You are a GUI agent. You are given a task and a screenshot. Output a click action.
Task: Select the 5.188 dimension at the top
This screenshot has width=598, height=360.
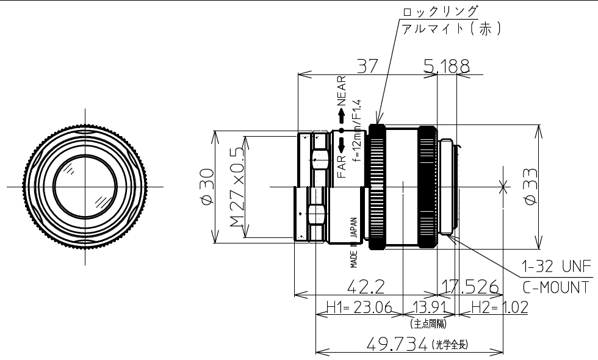pos(447,66)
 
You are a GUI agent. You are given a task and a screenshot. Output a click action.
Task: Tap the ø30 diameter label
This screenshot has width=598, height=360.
pos(206,186)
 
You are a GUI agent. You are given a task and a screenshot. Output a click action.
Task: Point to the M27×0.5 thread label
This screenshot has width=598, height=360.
pos(236,186)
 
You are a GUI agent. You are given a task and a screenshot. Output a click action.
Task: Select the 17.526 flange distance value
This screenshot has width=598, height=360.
pos(469,287)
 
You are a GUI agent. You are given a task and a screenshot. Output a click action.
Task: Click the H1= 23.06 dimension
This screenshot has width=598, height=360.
pos(358,307)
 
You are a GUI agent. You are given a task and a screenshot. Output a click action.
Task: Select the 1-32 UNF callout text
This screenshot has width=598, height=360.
pos(556,267)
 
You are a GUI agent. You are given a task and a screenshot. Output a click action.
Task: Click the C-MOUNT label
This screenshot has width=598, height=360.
pos(556,287)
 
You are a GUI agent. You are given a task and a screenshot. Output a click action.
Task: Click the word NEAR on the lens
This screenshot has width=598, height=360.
pos(341,91)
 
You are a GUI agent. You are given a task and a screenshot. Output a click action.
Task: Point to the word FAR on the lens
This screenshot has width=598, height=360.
pos(342,167)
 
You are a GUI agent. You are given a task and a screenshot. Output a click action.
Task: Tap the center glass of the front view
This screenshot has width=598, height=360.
pos(85,185)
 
